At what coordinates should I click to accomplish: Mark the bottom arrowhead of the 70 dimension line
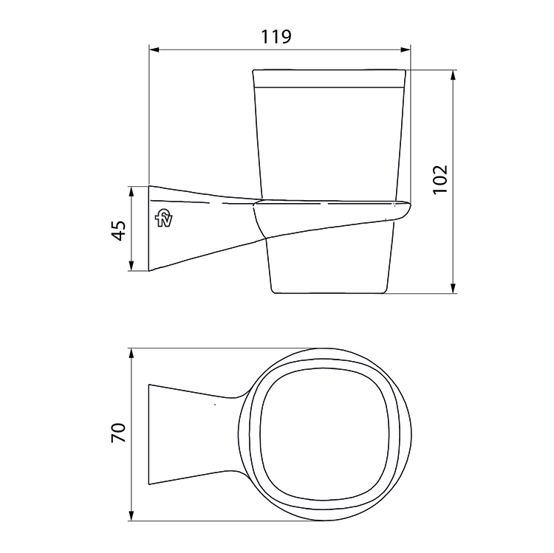(131, 515)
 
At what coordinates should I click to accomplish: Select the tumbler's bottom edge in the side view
(330, 293)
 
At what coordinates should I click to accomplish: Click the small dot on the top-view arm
(214, 405)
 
